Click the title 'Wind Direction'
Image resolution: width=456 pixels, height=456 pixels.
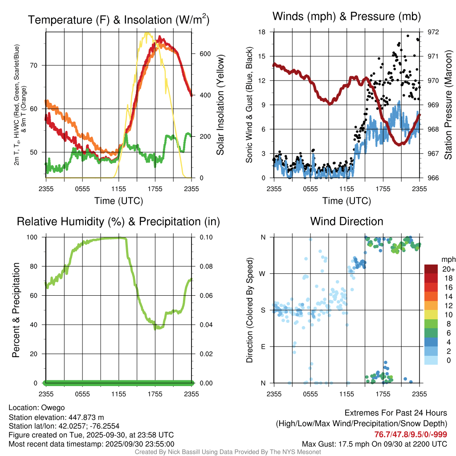click(346, 221)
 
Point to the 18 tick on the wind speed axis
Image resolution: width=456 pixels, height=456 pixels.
click(262, 32)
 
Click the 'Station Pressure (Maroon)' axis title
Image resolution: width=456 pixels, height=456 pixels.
click(448, 105)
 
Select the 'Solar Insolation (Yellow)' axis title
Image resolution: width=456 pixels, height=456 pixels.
click(220, 105)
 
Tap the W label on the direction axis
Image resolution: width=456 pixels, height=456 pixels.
click(263, 273)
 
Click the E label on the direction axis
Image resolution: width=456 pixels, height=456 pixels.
click(263, 346)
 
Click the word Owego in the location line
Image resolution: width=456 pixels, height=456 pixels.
click(53, 407)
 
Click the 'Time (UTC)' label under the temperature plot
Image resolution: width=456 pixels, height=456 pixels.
click(119, 201)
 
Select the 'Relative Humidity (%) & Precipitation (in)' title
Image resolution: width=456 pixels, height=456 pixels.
click(118, 221)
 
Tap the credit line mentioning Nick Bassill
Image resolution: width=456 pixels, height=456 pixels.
click(228, 452)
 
